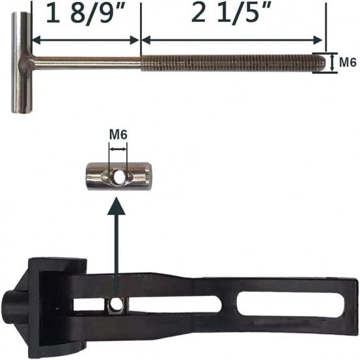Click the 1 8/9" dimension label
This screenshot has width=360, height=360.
pos(85,15)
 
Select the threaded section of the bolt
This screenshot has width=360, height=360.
pos(229,63)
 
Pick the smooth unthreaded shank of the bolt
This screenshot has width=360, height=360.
pos(85,63)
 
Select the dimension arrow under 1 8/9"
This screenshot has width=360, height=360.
pos(85,40)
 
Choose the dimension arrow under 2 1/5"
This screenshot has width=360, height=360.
pos(232,40)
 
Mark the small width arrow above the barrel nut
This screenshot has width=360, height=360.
pos(118,150)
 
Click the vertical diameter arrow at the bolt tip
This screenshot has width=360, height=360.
pos(327,63)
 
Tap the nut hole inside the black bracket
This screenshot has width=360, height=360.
pos(116,304)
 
